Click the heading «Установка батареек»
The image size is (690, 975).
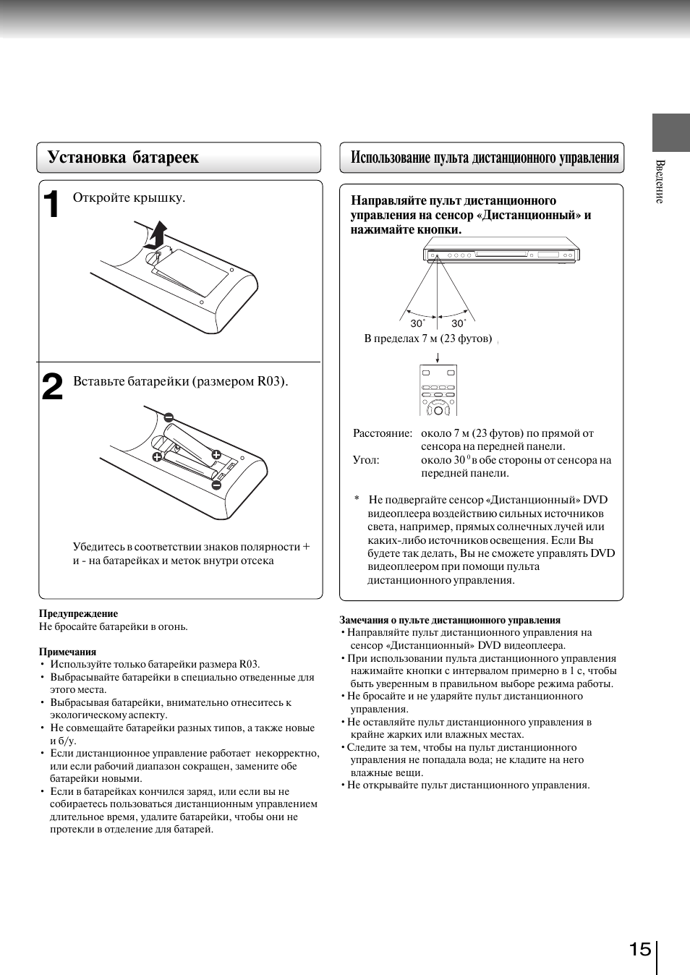coord(122,158)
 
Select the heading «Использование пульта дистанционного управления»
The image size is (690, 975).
coord(484,158)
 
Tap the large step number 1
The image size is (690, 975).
coord(51,205)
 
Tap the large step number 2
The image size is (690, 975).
coord(52,387)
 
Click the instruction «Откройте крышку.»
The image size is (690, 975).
coord(129,197)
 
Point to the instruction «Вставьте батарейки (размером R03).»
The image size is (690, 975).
coord(180,381)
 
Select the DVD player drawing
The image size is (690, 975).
coord(501,254)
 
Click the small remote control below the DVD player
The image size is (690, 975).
coord(438,391)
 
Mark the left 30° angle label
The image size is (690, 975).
coord(417,323)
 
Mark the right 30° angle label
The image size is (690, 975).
coord(459,323)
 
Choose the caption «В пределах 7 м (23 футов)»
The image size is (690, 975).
coord(427,339)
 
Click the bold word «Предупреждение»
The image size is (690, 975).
coord(78,613)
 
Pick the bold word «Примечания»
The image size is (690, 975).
coord(67,652)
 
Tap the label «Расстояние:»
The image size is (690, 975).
coord(382,433)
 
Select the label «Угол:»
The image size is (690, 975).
coord(366,460)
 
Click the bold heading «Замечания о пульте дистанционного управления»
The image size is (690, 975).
coord(450,620)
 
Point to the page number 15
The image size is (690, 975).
coord(640,949)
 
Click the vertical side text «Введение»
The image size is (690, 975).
coord(660,182)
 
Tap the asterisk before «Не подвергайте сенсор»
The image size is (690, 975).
coord(357,500)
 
